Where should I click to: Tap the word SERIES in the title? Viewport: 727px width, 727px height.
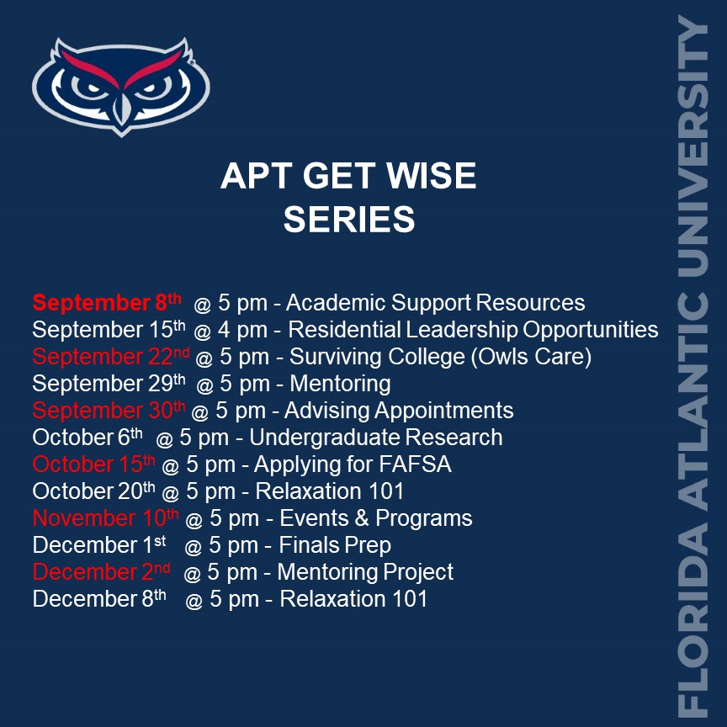coord(349,220)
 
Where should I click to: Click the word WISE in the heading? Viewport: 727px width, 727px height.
coord(431,176)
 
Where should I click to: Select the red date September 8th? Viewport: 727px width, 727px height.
coord(107,302)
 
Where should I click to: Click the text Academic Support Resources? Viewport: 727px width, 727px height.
coord(435,303)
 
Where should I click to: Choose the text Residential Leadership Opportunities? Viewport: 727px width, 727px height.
coord(473,330)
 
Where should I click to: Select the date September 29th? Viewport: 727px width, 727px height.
coord(109,384)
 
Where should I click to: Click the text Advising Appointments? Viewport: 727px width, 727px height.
coord(399,411)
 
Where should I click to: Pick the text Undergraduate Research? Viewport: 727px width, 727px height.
coord(375,438)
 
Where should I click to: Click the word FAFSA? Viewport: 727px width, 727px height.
coord(415,464)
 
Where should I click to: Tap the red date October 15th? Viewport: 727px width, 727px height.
coord(93,464)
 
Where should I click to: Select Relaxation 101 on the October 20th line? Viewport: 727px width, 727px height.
coord(330,491)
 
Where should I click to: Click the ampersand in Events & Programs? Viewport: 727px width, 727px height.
coord(362,517)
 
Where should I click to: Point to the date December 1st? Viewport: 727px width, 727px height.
coord(99,544)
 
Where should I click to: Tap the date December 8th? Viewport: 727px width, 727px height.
coord(99,598)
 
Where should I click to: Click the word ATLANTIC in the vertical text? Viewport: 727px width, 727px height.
coord(693,401)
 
